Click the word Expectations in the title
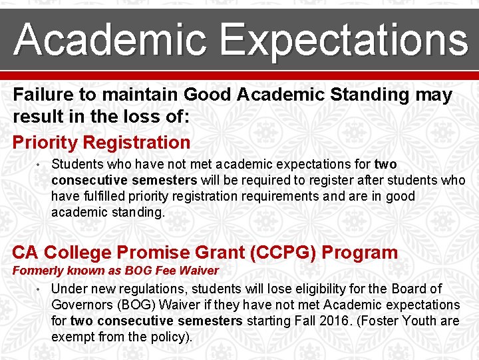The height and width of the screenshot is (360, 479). click(x=345, y=40)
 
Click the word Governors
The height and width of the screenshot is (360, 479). click(x=83, y=305)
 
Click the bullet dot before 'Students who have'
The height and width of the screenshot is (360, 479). click(x=41, y=164)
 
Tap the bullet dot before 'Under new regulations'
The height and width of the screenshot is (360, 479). click(x=41, y=289)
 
